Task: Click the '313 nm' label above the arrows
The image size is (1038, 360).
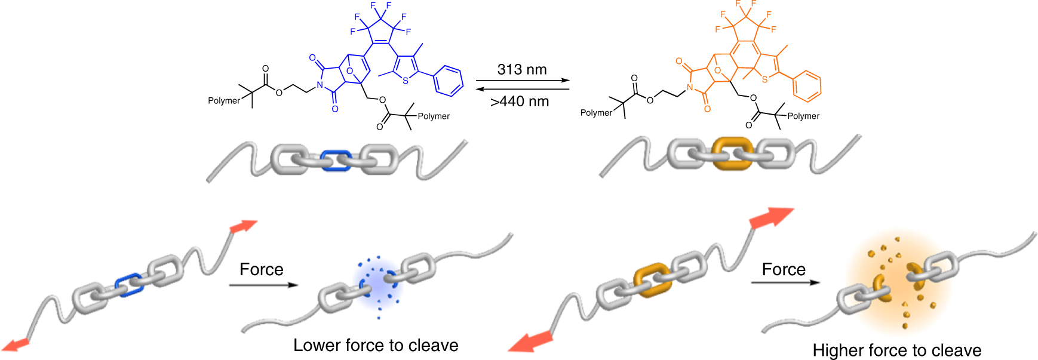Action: coord(522,69)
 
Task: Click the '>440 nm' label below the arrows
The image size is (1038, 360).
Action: coord(520,101)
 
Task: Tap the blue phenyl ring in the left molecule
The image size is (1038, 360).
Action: coord(449,81)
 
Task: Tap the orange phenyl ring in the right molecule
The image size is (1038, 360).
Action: coord(807,85)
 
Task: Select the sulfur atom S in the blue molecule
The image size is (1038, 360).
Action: coord(406,81)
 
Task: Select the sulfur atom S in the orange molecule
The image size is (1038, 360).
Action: coord(764,79)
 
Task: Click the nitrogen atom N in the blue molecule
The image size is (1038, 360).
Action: coord(320,85)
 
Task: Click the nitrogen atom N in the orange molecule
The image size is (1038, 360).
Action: coord(690,88)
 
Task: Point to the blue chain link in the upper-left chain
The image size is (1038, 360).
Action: coord(336,161)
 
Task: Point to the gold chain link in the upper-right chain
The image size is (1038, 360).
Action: coord(733,154)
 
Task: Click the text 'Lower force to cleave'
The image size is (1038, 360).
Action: coord(376,345)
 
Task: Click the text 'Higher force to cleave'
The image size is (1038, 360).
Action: coord(896,350)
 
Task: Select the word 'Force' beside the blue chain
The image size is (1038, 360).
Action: coord(261,269)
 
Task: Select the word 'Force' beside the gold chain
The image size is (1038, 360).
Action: coord(784,269)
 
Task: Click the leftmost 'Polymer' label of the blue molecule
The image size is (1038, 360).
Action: coord(223,100)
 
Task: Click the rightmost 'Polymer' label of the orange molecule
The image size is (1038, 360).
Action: coord(803,116)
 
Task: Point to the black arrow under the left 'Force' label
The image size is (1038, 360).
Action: coord(263,285)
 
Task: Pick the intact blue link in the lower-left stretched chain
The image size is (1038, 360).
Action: coord(130,285)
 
